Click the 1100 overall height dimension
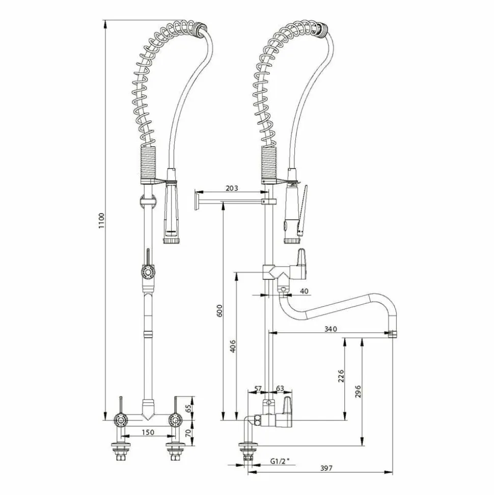101,221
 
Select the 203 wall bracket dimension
232,188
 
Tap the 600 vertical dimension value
219,310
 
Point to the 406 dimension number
233,346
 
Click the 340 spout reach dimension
331,329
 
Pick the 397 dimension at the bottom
326,468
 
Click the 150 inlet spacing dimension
148,432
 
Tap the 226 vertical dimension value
341,376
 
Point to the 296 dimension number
358,392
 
